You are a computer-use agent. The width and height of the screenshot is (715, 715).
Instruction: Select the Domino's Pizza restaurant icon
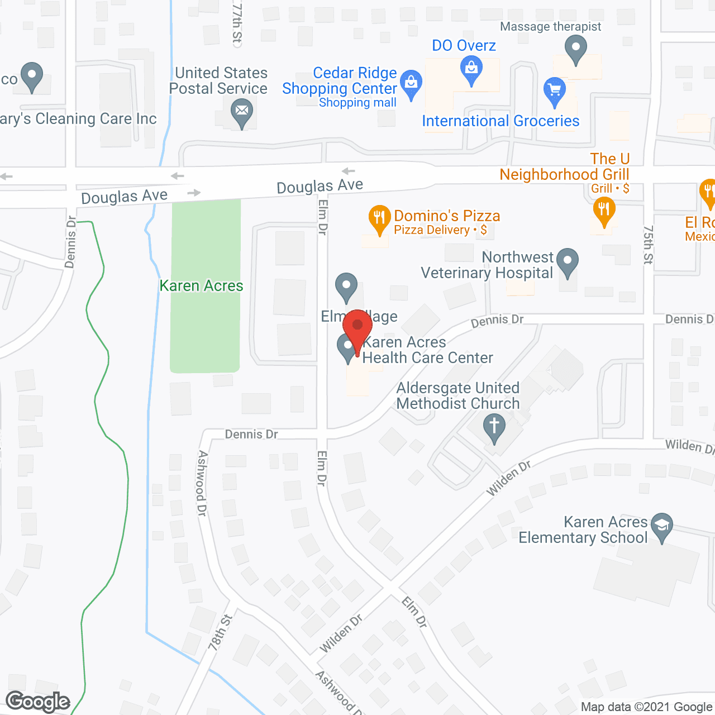(x=379, y=218)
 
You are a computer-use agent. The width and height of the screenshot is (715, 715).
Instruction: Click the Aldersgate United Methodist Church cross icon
(x=494, y=427)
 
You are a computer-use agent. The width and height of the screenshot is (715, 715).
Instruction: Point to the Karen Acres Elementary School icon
(x=662, y=526)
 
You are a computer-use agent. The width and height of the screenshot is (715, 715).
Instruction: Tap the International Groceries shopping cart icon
(x=555, y=90)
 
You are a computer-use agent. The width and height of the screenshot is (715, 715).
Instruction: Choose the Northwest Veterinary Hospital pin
(x=568, y=261)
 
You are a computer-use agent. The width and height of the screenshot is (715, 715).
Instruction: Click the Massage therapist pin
(x=575, y=48)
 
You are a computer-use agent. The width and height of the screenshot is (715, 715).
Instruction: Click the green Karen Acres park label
(x=202, y=286)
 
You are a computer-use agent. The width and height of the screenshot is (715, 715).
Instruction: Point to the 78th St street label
(x=220, y=632)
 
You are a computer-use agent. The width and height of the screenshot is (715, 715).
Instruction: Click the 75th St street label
(x=648, y=244)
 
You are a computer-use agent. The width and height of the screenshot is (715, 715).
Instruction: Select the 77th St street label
(x=237, y=22)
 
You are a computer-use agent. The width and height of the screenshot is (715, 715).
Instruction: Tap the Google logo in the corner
(x=38, y=702)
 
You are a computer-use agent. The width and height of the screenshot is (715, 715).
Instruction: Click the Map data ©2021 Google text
(x=647, y=707)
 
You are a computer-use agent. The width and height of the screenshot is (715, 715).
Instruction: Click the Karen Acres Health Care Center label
(x=427, y=350)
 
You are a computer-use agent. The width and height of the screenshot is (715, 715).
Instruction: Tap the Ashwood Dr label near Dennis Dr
(x=202, y=483)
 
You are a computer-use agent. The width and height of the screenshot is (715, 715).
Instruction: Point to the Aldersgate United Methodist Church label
(x=458, y=395)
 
